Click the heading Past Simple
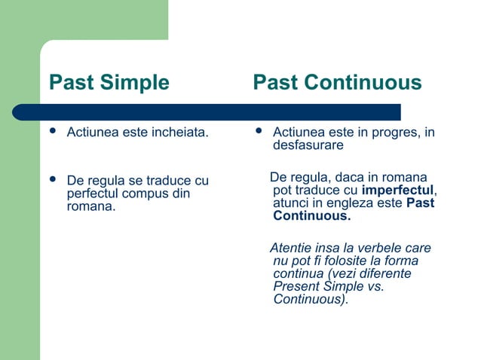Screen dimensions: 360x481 (x=109, y=83)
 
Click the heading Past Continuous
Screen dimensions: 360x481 (x=337, y=83)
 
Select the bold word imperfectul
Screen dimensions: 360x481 (x=397, y=191)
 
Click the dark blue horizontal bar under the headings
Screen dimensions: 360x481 (x=207, y=112)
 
